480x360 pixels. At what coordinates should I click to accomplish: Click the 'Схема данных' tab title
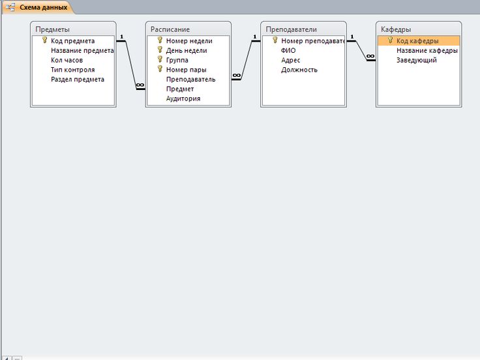(44, 7)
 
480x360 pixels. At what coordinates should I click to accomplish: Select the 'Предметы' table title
(52, 29)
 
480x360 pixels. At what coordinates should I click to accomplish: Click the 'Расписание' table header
(170, 29)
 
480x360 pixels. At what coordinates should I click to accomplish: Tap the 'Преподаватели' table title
(291, 29)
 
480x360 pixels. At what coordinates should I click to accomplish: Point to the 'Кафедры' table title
(396, 29)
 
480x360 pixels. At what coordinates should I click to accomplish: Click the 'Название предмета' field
(82, 50)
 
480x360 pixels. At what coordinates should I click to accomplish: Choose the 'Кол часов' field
(67, 60)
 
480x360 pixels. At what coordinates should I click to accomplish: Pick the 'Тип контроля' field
(73, 70)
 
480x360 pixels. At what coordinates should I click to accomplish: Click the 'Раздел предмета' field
(78, 80)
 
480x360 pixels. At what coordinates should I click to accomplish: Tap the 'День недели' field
(187, 50)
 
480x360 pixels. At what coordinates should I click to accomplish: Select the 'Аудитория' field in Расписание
(183, 98)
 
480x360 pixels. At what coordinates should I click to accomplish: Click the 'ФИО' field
(288, 50)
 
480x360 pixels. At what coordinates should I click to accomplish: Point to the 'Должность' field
(299, 70)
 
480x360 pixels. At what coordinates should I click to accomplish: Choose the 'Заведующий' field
(416, 60)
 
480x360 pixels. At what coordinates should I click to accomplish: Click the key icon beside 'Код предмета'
(45, 40)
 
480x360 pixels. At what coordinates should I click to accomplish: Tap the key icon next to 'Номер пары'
(160, 69)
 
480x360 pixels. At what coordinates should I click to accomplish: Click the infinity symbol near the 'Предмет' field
(140, 85)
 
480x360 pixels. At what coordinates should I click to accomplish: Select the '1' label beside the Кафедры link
(352, 37)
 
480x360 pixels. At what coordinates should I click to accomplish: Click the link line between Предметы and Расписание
(130, 65)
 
